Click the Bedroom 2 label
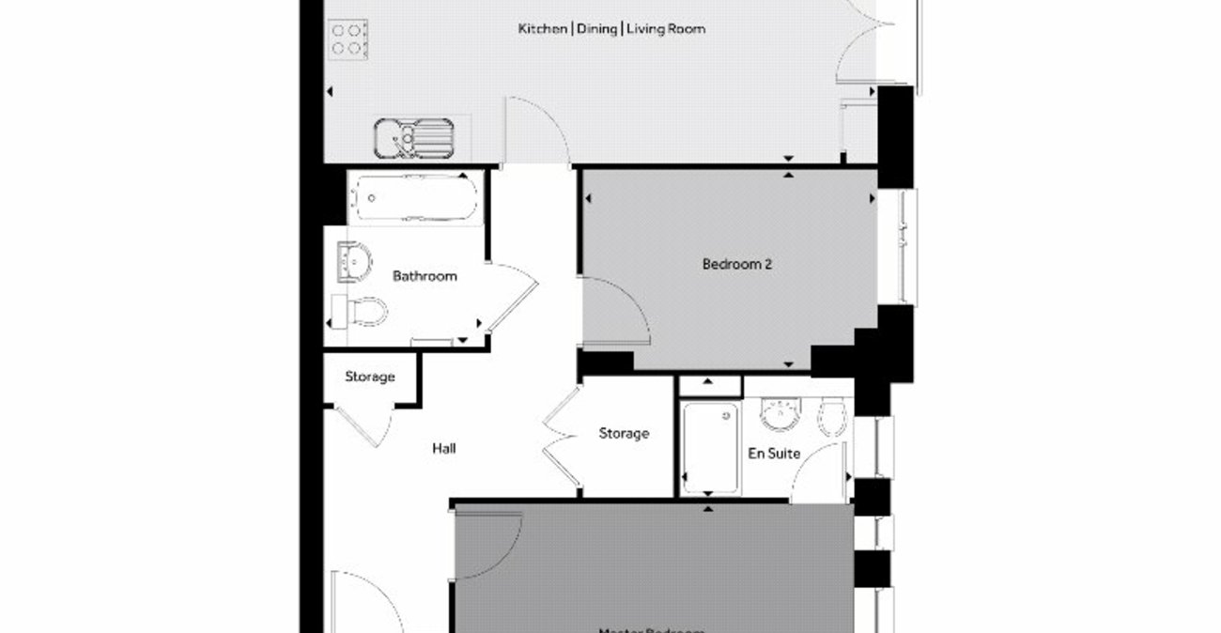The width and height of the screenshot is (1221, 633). [x=736, y=265]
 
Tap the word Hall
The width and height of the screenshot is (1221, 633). [x=444, y=449]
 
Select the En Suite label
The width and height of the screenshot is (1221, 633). [x=774, y=454]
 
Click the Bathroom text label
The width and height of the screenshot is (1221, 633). [x=425, y=276]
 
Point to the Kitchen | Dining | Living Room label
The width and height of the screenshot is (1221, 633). [x=611, y=29]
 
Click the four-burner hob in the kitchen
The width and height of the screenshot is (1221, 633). [x=348, y=39]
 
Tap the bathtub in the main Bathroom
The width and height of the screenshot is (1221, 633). [x=413, y=198]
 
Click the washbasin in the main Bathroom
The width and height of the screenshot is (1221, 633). [x=354, y=260]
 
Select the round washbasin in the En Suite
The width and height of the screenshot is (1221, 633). [x=779, y=413]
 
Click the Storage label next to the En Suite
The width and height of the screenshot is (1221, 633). [x=624, y=434]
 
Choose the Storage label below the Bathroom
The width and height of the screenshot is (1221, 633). [x=369, y=378]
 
